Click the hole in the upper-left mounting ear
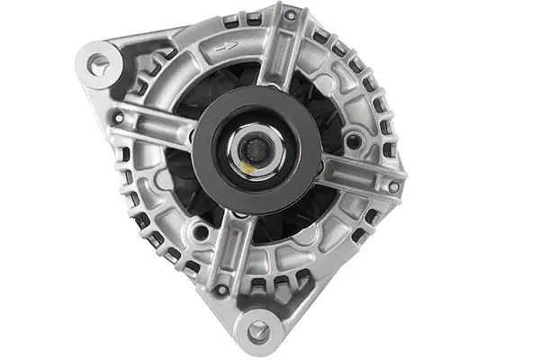pos(99,63)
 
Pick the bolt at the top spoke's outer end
pos(290,16)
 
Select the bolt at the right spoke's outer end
pos(393,186)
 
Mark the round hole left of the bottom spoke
pos(202,232)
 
